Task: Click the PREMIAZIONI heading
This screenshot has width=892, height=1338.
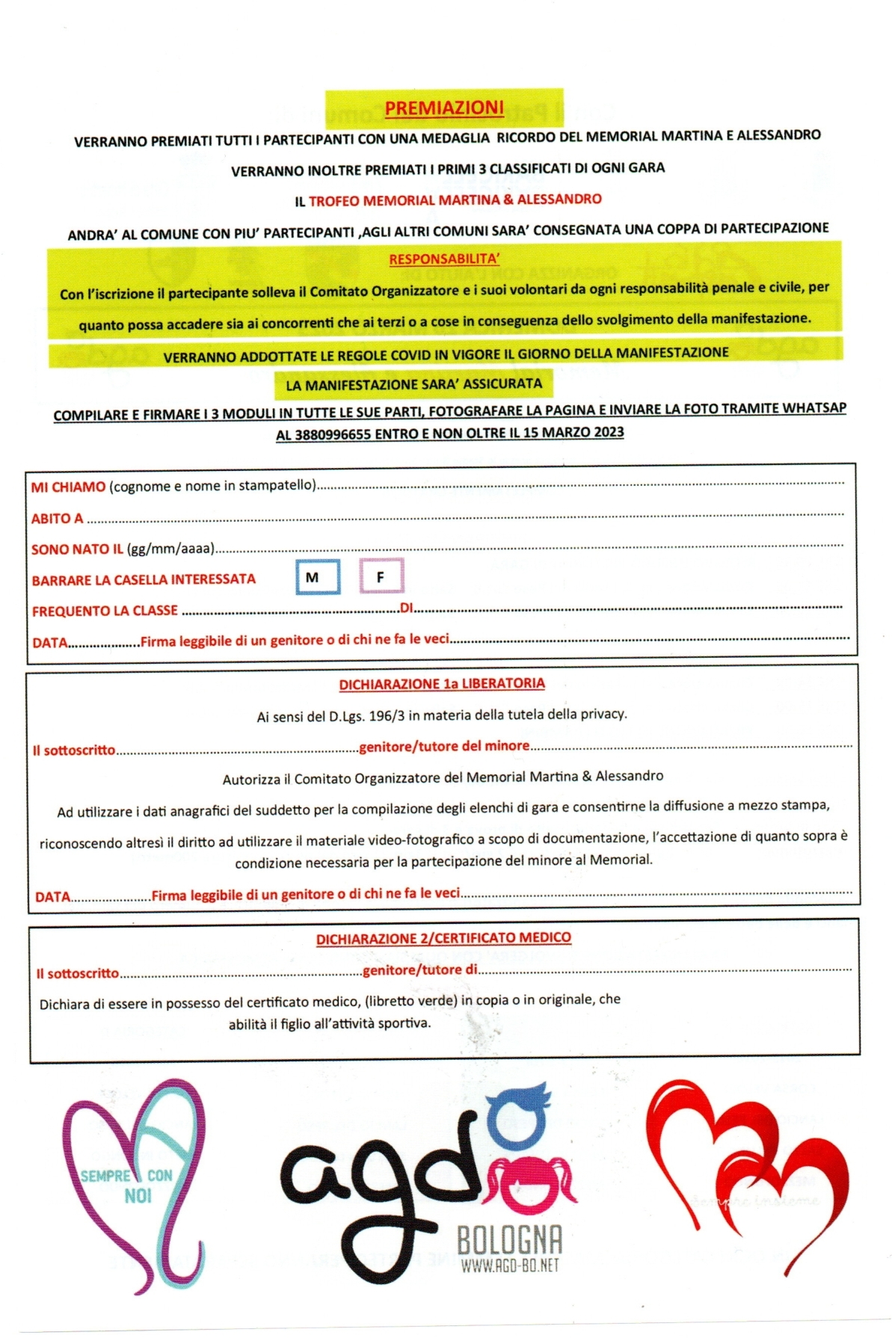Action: (x=444, y=108)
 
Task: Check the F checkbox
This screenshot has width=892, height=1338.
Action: (x=381, y=576)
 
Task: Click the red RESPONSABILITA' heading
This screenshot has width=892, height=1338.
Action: (x=444, y=259)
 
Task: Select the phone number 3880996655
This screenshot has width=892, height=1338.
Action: (x=333, y=435)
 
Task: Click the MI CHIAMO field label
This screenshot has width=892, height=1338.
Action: (x=68, y=487)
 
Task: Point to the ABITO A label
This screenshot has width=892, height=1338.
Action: (x=57, y=518)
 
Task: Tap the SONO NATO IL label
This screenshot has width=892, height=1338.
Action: (x=77, y=549)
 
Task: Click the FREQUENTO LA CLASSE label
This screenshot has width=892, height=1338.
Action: (x=105, y=611)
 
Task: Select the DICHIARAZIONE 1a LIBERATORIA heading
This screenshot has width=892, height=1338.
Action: (x=442, y=683)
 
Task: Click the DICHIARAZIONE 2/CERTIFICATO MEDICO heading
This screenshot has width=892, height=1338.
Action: (x=443, y=937)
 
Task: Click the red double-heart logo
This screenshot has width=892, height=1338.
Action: (x=745, y=1166)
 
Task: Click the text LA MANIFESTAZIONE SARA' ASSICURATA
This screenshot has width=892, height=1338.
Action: (x=413, y=385)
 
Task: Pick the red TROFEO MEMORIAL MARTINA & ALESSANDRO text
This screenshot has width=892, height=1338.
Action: (x=455, y=200)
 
